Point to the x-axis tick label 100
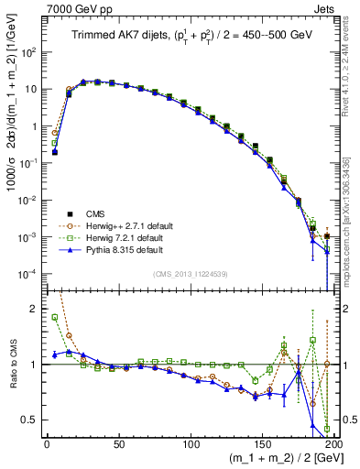pos(191,445)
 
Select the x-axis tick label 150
pos(263,445)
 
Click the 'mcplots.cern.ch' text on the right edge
pos(351,243)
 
